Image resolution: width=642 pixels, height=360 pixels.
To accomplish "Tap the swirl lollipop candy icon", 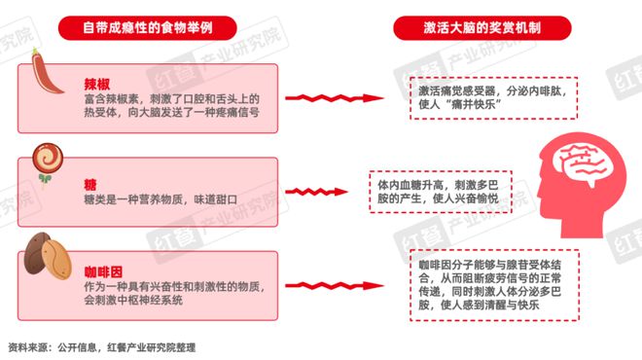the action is coord(44,158).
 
